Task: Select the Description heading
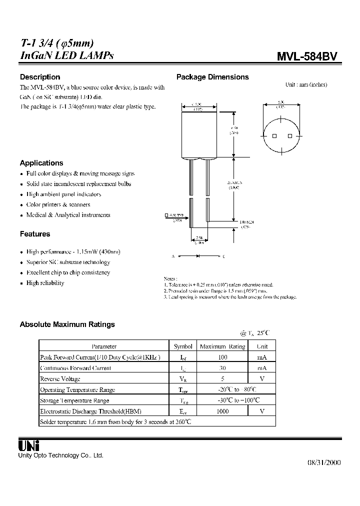40,77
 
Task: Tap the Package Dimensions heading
212,77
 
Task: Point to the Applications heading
41,163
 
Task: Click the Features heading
35,234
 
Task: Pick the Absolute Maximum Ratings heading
67,324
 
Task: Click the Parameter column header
104,346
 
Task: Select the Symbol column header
183,346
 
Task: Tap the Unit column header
262,346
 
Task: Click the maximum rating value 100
222,357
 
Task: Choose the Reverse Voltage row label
60,378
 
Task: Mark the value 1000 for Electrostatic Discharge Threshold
222,411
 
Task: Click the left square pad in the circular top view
274,136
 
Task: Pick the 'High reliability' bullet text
45,283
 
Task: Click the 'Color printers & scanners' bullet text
58,204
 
